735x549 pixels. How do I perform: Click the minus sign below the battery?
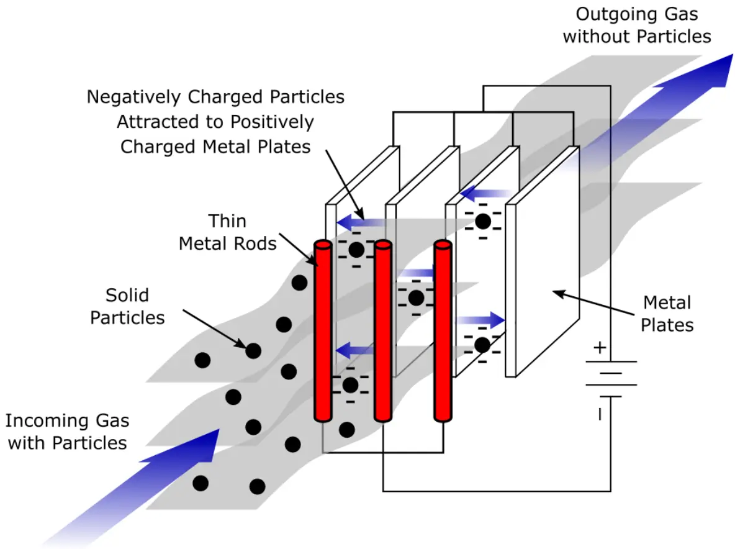point(599,414)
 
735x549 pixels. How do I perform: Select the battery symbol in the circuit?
point(611,379)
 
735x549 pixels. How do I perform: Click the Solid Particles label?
point(127,306)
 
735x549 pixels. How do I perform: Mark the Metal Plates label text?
point(667,314)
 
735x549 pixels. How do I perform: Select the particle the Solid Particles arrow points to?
point(253,351)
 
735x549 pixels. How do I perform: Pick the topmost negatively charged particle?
point(483,220)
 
